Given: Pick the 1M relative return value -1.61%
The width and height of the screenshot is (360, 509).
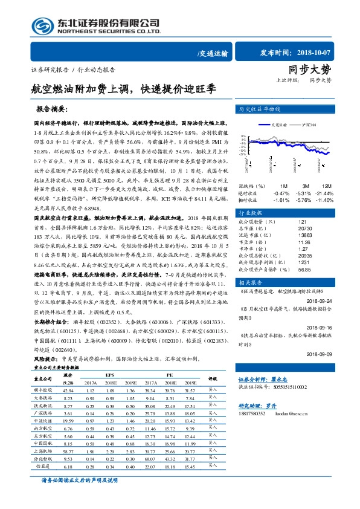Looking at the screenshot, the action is pyautogui.click(x=281, y=199).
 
